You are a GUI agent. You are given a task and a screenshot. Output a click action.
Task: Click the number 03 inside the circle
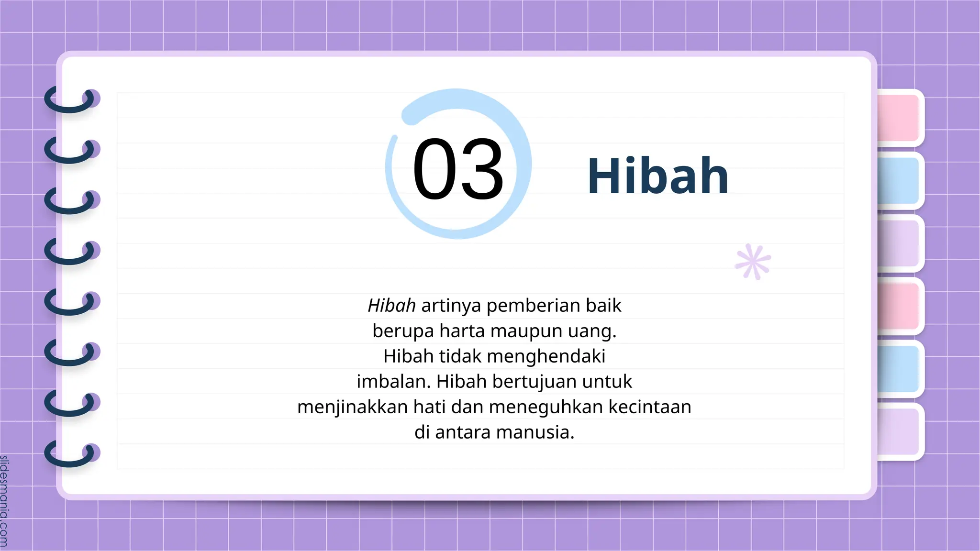click(x=458, y=168)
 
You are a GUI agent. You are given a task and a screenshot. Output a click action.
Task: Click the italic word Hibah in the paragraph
click(x=391, y=306)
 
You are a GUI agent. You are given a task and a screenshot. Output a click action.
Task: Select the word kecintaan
click(x=650, y=407)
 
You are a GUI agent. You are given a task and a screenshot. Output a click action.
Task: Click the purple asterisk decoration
click(x=753, y=262)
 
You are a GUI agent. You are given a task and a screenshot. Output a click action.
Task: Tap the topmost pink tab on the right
click(x=899, y=118)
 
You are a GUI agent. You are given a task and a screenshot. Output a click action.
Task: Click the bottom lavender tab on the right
click(x=899, y=431)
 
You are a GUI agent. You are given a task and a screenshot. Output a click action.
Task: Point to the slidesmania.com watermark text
click(x=4, y=500)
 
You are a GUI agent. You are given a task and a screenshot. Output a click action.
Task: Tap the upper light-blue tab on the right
click(x=899, y=181)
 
